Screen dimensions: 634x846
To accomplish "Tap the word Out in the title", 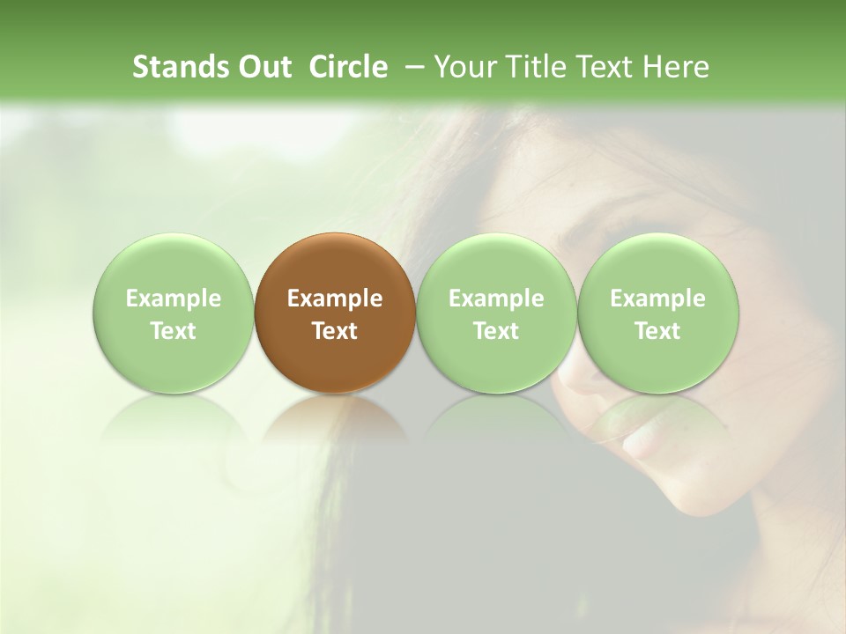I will tap(263, 67).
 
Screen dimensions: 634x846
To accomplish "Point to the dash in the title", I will tap(412, 68).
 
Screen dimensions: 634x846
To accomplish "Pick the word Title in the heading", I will tap(537, 67).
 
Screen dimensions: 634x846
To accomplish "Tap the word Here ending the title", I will tap(674, 67).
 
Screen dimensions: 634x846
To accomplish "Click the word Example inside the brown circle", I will tap(335, 299).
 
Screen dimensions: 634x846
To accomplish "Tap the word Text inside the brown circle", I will tap(335, 331).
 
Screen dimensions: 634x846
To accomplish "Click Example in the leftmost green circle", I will tap(174, 299).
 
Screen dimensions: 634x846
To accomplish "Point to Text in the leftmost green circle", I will tap(174, 331).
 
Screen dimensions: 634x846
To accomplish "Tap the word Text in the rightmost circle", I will tap(658, 331).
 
